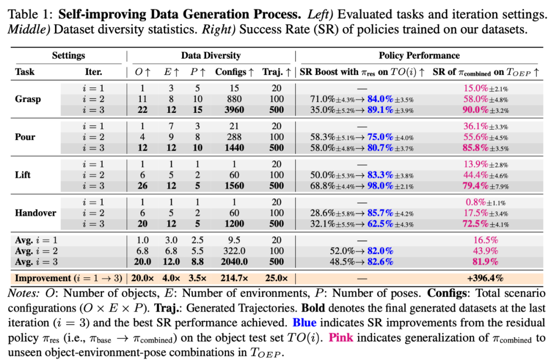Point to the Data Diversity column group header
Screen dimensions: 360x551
(x=211, y=56)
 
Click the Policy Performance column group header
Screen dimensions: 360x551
(x=419, y=56)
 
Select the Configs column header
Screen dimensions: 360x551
(x=234, y=72)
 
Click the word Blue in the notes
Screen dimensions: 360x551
(x=305, y=323)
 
